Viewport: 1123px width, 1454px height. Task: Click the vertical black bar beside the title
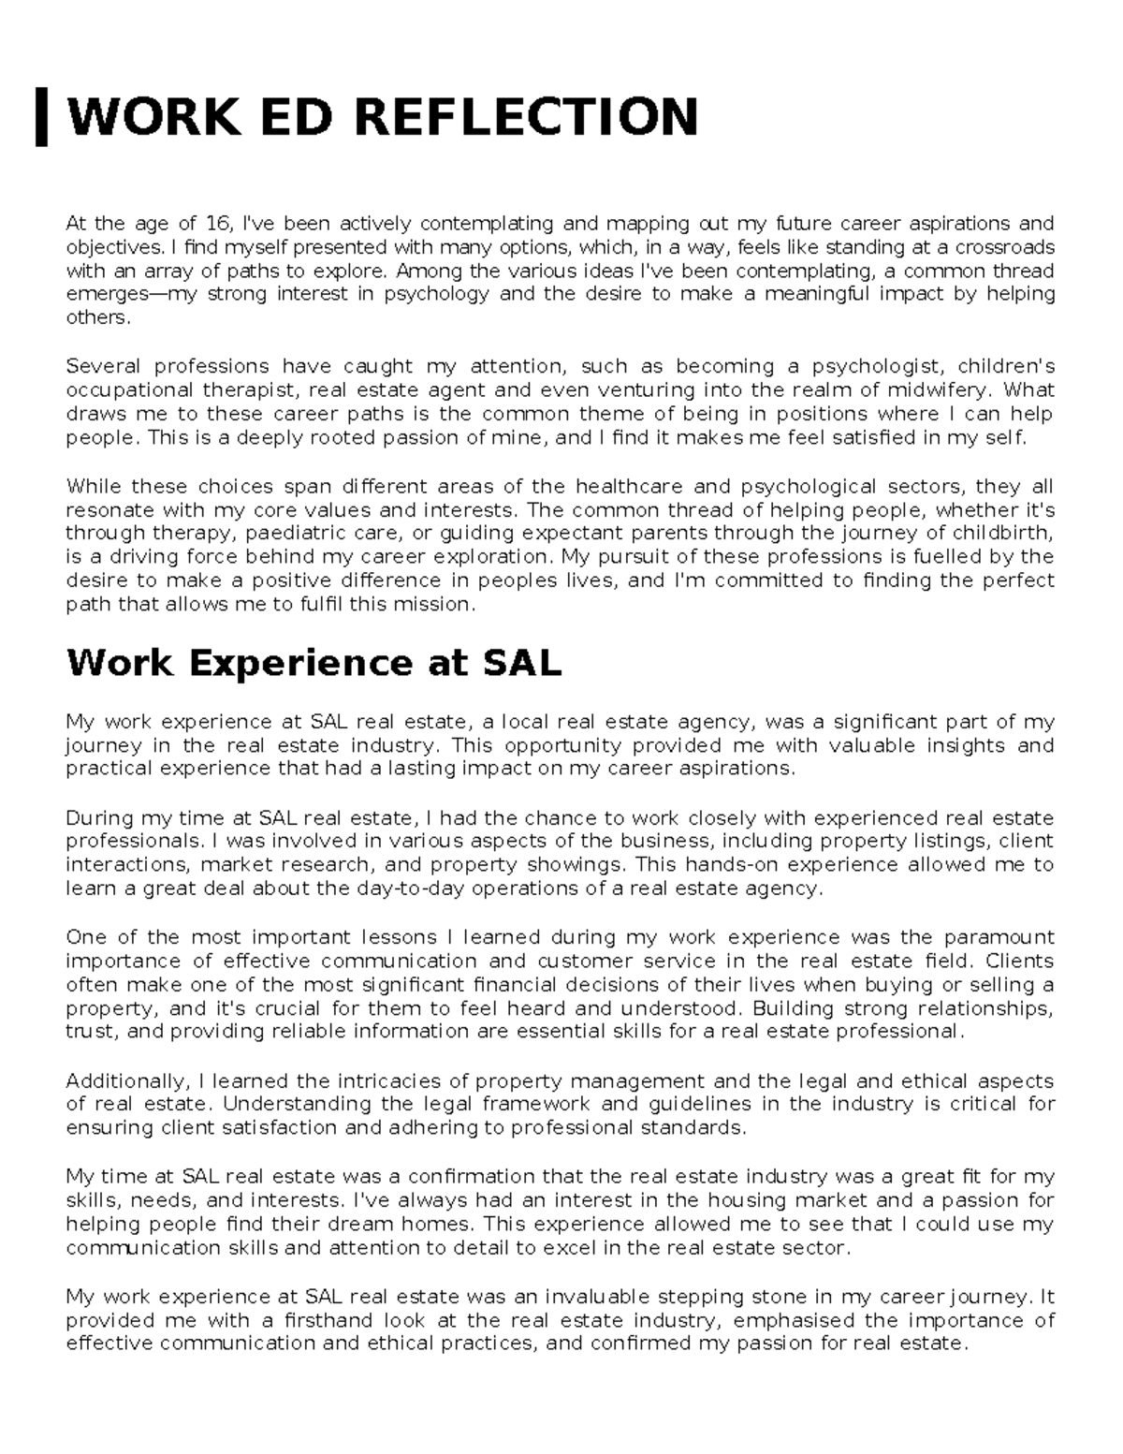click(x=42, y=116)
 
